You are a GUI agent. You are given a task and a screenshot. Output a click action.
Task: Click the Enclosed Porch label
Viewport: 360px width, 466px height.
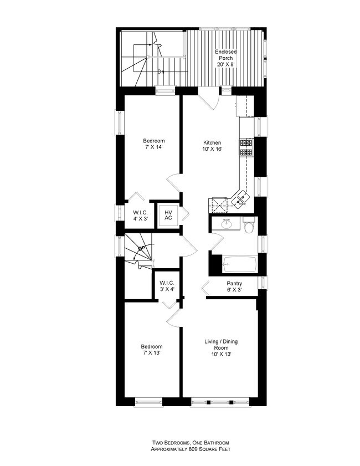[x=226, y=58]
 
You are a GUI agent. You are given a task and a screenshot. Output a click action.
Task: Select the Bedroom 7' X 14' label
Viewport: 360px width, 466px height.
[x=155, y=144]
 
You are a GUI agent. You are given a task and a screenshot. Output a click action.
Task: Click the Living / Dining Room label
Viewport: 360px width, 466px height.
[x=221, y=347]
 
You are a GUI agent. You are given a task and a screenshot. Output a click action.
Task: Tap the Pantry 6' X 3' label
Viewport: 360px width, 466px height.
[x=234, y=286]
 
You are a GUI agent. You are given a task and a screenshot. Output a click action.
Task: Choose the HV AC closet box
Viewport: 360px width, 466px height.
[x=168, y=214]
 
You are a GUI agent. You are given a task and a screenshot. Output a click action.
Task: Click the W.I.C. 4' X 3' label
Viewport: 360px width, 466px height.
[x=140, y=215]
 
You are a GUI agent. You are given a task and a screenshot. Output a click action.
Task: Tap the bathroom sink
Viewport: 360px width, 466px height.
[x=226, y=224]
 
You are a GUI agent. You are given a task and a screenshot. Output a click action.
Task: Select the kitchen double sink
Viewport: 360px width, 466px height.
[x=241, y=198]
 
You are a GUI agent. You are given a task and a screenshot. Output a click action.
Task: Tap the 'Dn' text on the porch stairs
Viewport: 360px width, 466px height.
[x=161, y=71]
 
